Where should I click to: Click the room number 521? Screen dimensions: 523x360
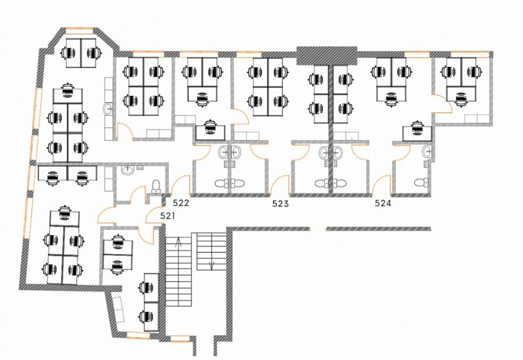pos(168,216)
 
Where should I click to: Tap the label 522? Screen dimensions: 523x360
pos(180,203)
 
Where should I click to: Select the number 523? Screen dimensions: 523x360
pos(280,204)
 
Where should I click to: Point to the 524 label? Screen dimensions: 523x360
pos(383,203)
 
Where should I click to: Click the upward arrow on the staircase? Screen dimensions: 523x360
pos(179,242)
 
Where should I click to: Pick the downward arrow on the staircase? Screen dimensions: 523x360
pos(212,264)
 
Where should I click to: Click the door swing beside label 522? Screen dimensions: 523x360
pos(180,186)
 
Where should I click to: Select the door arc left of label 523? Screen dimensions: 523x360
pos(279,186)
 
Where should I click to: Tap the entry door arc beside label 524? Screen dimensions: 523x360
pos(381,185)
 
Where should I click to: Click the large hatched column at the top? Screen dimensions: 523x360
pos(327,56)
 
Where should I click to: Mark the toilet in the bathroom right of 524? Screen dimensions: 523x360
pos(422,183)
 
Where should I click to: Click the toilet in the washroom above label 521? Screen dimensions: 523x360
pos(156,186)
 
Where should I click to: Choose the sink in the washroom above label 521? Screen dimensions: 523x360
pos(128,170)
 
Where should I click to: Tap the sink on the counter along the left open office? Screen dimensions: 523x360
pos(108,109)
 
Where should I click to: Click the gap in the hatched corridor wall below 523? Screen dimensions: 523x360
pos(318,229)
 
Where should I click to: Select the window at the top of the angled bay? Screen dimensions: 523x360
pos(79,31)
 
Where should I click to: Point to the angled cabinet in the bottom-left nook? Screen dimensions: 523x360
pos(118,309)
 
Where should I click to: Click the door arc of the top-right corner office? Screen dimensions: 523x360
pos(442,104)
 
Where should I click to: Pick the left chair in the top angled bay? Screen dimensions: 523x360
pos(68,53)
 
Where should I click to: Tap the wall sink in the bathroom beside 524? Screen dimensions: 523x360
pos(427,152)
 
